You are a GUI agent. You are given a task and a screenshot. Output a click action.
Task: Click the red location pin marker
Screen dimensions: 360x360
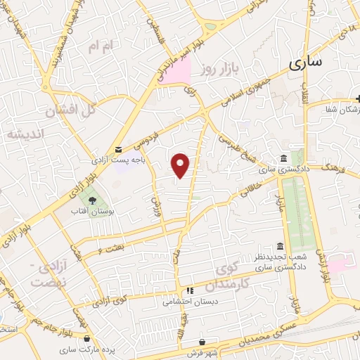tap(181, 165)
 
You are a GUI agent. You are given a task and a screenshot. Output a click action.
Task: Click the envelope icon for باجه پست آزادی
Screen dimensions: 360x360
tap(117, 149)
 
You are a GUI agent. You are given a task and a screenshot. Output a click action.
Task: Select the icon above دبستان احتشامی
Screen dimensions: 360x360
tap(189, 291)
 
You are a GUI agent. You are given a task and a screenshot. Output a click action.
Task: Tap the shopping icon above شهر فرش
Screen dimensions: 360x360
tap(202, 342)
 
